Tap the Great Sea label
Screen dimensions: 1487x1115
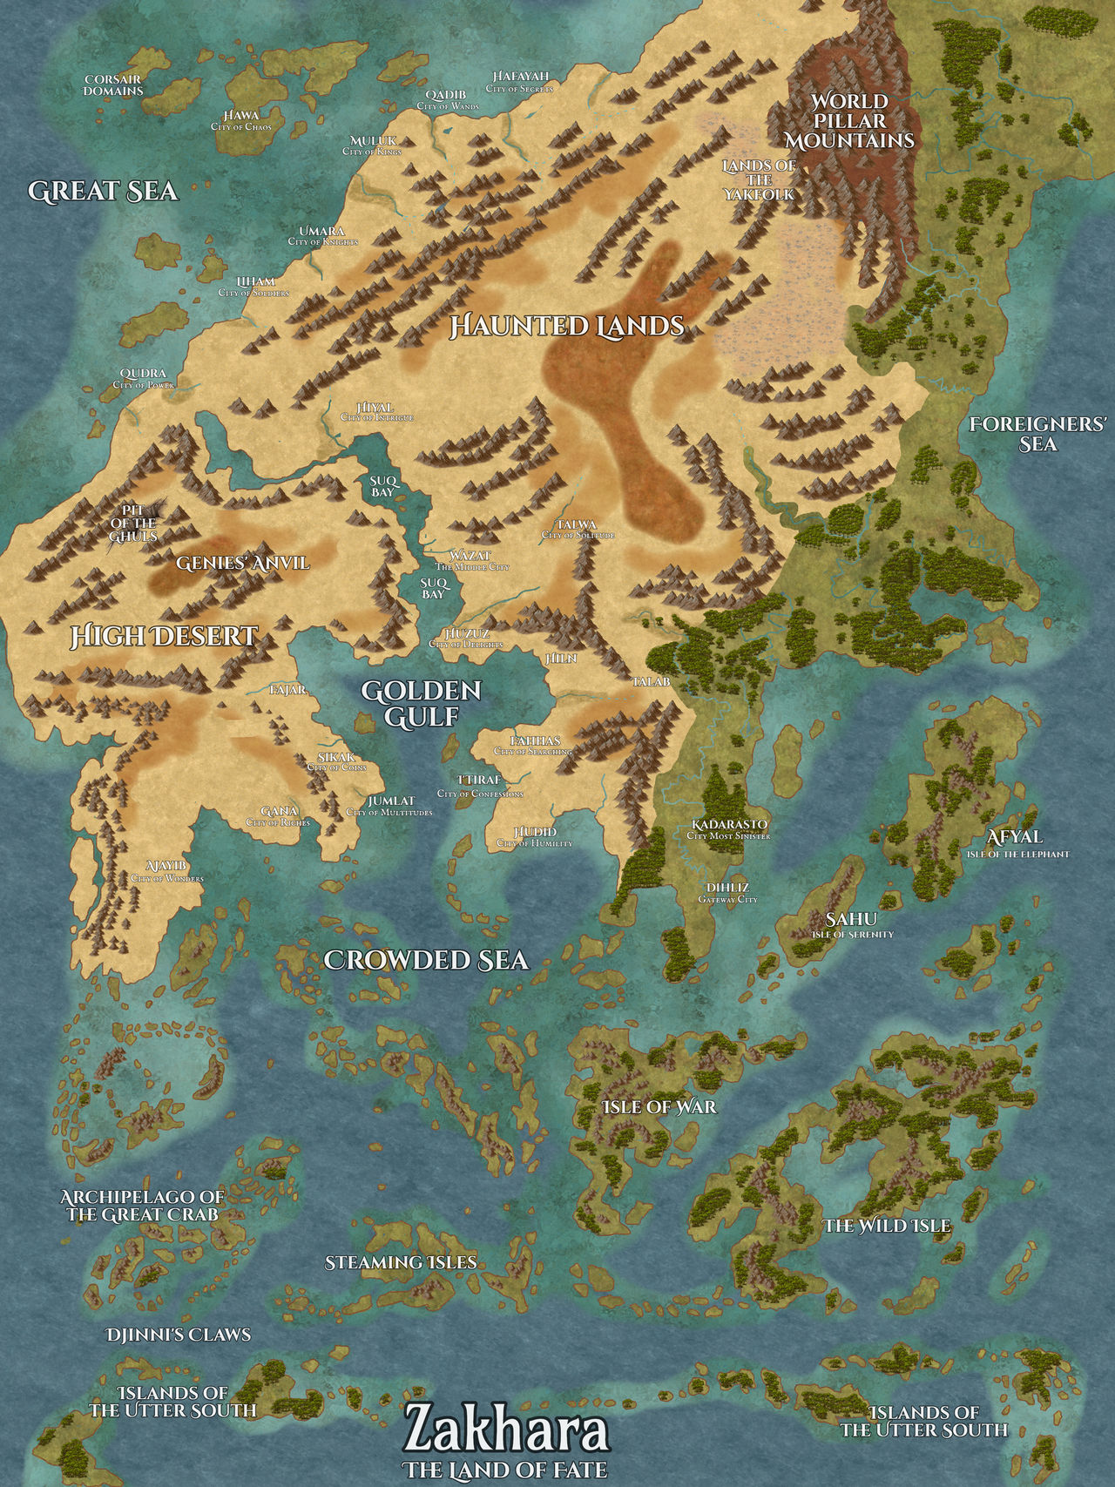[x=103, y=191]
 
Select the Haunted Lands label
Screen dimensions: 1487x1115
[x=567, y=326]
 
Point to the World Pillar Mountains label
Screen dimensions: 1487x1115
[x=849, y=120]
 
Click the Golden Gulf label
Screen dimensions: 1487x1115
[x=422, y=703]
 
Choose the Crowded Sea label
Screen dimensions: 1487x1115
[x=426, y=959]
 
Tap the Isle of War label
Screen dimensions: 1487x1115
[x=659, y=1106]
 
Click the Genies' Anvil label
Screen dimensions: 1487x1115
[x=242, y=563]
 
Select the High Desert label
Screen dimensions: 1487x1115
[x=164, y=636]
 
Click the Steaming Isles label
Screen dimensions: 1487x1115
[x=401, y=1261]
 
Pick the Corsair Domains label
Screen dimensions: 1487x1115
[x=113, y=84]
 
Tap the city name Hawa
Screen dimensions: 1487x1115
[x=241, y=115]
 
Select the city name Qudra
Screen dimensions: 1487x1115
[x=144, y=374]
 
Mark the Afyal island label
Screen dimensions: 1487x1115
[x=1014, y=837]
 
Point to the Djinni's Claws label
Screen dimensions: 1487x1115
[x=178, y=1335]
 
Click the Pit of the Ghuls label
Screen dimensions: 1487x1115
[x=133, y=522]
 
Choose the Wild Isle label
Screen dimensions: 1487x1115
[x=887, y=1226]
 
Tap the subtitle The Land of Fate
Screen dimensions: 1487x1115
[x=505, y=1470]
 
